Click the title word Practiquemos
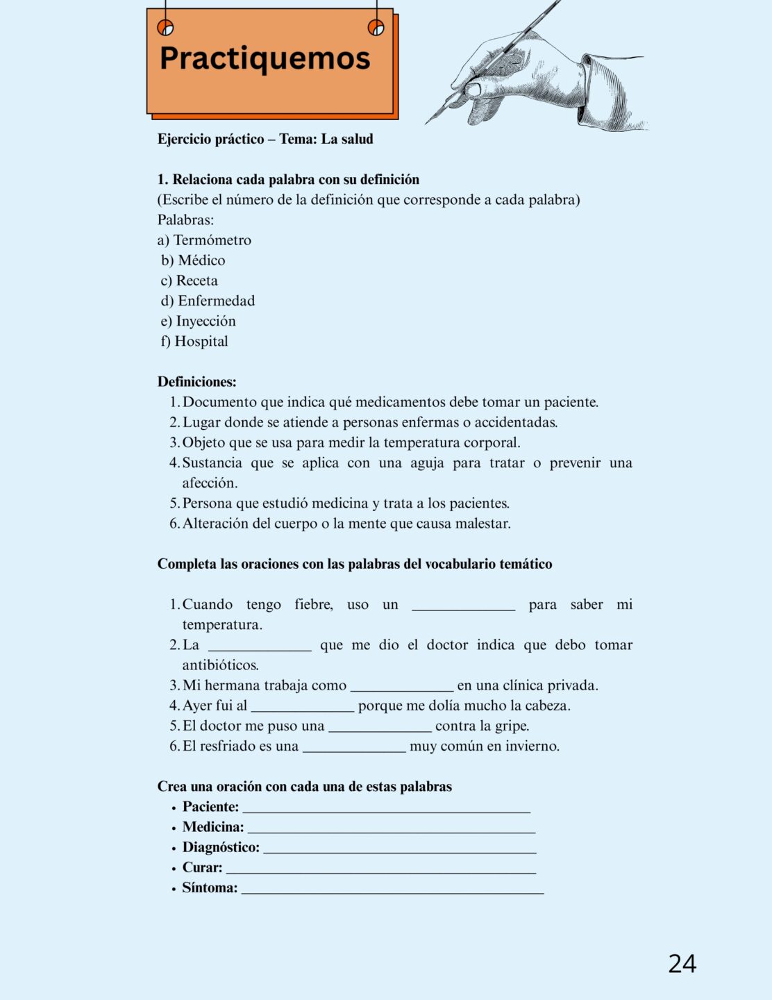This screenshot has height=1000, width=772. (265, 59)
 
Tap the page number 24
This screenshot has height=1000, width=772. (682, 963)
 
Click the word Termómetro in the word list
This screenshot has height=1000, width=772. (212, 240)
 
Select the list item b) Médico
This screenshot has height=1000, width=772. (194, 260)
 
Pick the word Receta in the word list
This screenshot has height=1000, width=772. (196, 281)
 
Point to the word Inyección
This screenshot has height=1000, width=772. (205, 321)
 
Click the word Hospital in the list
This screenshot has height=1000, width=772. (201, 341)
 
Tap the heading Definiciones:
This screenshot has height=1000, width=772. (196, 382)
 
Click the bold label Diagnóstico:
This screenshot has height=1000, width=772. (221, 847)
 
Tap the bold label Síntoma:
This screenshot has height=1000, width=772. (210, 887)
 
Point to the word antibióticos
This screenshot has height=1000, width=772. (220, 665)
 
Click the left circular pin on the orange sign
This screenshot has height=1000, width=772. (165, 28)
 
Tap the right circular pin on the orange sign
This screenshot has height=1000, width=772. (376, 28)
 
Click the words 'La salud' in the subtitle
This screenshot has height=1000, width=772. (347, 139)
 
